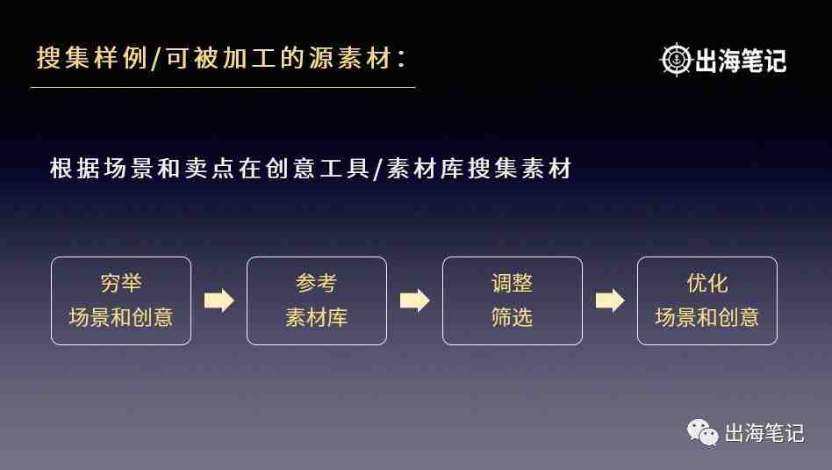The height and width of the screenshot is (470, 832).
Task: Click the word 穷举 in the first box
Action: tap(121, 283)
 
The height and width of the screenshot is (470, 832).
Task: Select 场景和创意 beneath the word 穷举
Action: tap(121, 318)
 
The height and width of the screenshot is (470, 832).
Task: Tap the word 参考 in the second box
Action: tap(316, 283)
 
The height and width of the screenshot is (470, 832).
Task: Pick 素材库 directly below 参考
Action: tap(316, 318)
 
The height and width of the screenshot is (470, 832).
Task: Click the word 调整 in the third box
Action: tap(512, 283)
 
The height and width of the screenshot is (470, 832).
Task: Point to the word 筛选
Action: tap(512, 318)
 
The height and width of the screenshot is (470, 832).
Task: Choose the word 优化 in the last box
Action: tap(707, 283)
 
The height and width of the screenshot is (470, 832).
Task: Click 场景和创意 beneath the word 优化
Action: tap(707, 318)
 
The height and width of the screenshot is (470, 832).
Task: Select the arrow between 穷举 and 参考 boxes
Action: tap(219, 300)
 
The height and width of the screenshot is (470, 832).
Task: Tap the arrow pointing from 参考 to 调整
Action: tap(414, 300)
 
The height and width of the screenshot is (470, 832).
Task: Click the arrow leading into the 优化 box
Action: tap(610, 300)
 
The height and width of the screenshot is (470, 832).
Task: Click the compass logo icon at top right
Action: tap(676, 60)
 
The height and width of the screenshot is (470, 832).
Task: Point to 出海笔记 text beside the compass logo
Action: tap(740, 61)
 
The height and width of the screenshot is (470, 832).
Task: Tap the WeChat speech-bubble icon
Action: tap(702, 432)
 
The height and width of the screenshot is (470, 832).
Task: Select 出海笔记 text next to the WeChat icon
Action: tap(764, 433)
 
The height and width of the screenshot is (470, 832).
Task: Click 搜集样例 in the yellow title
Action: tap(92, 58)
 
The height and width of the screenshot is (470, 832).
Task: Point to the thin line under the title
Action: tap(223, 88)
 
